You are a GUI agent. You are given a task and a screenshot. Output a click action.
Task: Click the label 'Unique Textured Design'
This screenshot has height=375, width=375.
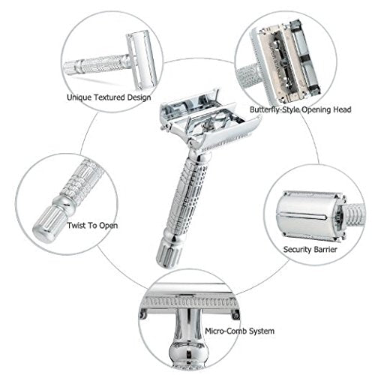click(x=108, y=97)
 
